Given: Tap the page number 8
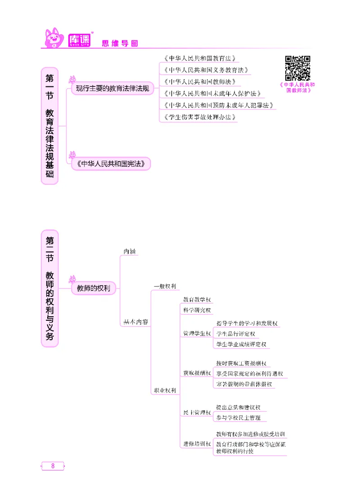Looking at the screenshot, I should [53, 466].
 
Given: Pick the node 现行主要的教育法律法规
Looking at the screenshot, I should [112, 89].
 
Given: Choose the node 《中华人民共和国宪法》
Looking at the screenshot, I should [110, 165].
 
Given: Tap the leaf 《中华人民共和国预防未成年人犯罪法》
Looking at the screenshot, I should [217, 106].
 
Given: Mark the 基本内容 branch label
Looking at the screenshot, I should [135, 322].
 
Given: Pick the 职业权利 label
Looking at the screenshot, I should [164, 390].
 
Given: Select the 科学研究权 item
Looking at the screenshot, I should [197, 310].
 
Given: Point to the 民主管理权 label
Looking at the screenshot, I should [197, 412].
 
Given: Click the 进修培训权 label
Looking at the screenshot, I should [197, 444].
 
